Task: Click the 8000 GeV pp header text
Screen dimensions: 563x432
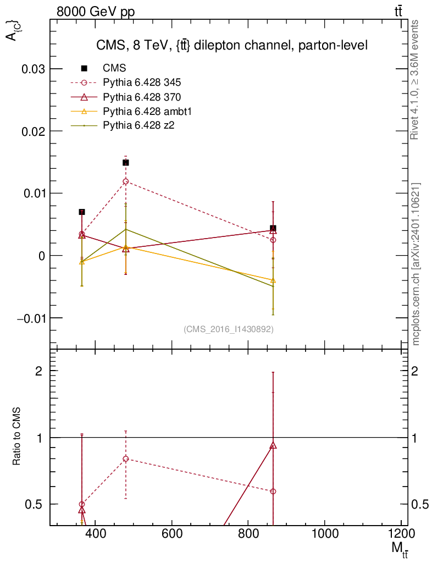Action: coord(96,12)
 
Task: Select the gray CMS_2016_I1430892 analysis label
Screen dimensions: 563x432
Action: coord(229,329)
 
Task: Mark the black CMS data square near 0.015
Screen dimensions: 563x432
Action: coord(126,163)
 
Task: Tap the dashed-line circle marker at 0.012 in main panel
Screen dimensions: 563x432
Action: coord(126,181)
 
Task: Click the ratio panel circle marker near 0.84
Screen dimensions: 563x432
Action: coord(126,459)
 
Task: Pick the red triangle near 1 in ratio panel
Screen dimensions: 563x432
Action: coord(273,445)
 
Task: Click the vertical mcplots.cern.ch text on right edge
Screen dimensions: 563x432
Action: coord(416,264)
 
